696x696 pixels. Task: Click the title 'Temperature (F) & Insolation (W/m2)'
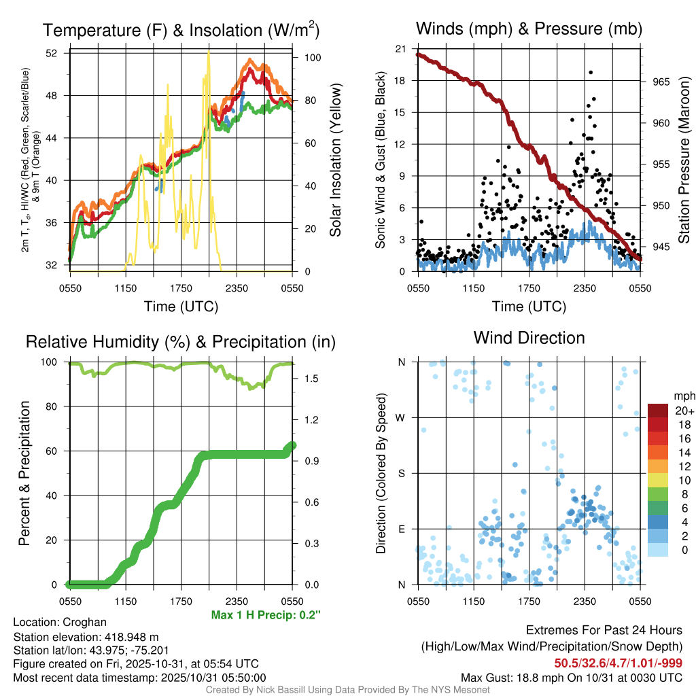click(x=181, y=30)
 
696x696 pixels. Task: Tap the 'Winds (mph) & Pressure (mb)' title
click(x=529, y=29)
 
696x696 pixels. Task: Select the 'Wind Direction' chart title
click(x=529, y=338)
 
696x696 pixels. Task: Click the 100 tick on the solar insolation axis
click(x=313, y=58)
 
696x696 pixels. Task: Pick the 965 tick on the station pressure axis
click(x=661, y=82)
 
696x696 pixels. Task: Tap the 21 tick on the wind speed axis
click(x=401, y=49)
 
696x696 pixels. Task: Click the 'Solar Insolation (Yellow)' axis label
click(x=335, y=160)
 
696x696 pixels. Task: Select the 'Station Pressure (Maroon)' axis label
click(x=684, y=160)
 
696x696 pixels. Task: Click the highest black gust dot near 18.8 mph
click(x=591, y=72)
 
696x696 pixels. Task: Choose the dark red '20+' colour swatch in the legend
click(x=657, y=411)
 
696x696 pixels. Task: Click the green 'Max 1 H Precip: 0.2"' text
click(x=266, y=615)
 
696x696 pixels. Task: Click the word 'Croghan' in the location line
click(x=84, y=622)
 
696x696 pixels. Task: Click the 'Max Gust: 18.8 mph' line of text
click(x=572, y=677)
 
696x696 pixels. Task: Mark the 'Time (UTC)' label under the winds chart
click(x=529, y=307)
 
